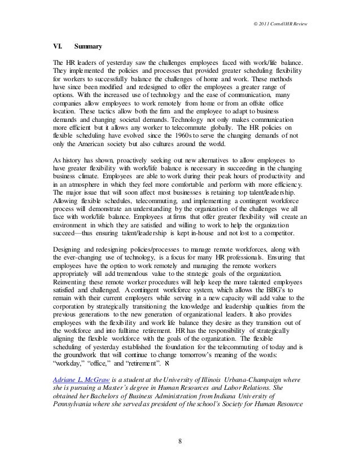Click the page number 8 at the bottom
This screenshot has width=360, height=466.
[180, 441]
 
